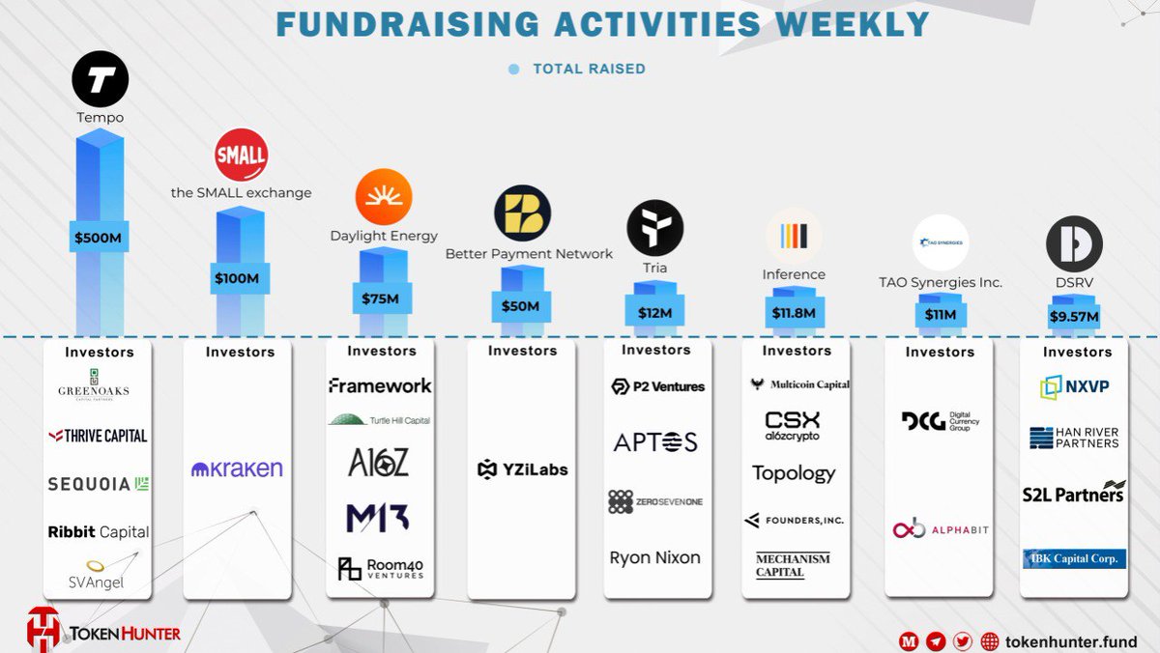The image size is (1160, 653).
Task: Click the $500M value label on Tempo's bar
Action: (x=100, y=237)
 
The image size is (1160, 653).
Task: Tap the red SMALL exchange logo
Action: (x=241, y=156)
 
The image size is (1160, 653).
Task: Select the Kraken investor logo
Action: (x=238, y=469)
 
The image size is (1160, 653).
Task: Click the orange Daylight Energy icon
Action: (x=384, y=197)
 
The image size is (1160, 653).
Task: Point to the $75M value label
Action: (x=380, y=298)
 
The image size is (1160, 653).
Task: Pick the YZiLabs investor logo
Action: (x=523, y=469)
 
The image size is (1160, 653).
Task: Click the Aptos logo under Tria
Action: (x=655, y=442)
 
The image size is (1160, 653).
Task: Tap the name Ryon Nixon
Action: (x=655, y=557)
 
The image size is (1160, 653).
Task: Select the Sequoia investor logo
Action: (x=99, y=484)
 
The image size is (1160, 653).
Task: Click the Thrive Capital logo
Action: (x=99, y=436)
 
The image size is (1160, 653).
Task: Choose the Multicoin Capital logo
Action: (x=798, y=384)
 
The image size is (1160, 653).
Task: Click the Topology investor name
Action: (x=794, y=473)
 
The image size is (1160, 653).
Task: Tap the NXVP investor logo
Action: (x=1075, y=387)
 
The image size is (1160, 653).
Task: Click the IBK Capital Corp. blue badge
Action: (x=1074, y=558)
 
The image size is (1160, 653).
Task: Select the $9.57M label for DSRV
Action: (x=1075, y=316)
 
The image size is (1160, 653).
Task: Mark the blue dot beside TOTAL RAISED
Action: (x=514, y=70)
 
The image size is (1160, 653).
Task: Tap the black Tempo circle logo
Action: (x=100, y=80)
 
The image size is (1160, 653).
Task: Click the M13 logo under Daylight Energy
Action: (x=377, y=518)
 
